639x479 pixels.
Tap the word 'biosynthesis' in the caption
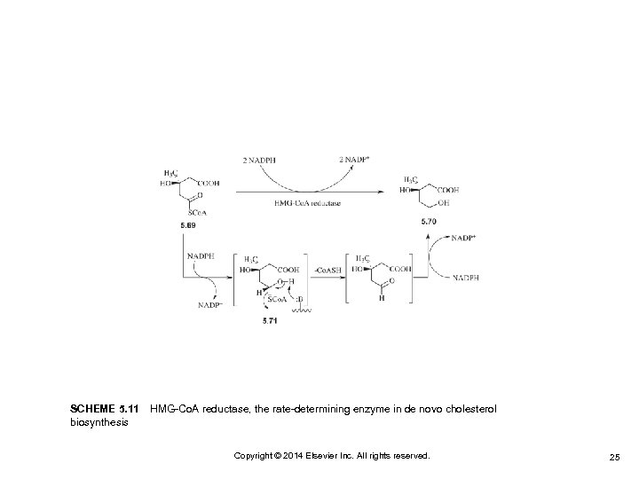click(99, 422)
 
